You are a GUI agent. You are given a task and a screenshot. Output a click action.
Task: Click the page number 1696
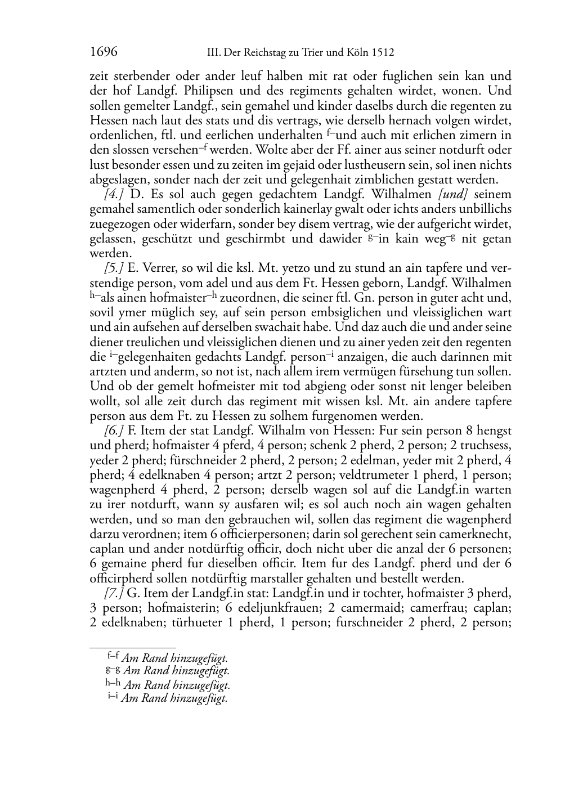pyautogui.click(x=104, y=52)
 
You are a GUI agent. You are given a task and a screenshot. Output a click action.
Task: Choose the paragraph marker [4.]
pyautogui.click(x=114, y=194)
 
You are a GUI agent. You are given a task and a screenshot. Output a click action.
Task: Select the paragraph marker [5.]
pyautogui.click(x=114, y=268)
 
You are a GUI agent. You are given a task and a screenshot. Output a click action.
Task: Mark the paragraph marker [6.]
pyautogui.click(x=114, y=431)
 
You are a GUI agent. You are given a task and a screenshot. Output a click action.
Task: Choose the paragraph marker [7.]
pyautogui.click(x=114, y=593)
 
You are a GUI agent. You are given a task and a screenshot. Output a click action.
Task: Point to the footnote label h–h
pyautogui.click(x=113, y=683)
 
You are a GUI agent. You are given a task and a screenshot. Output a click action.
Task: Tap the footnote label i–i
pyautogui.click(x=113, y=698)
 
